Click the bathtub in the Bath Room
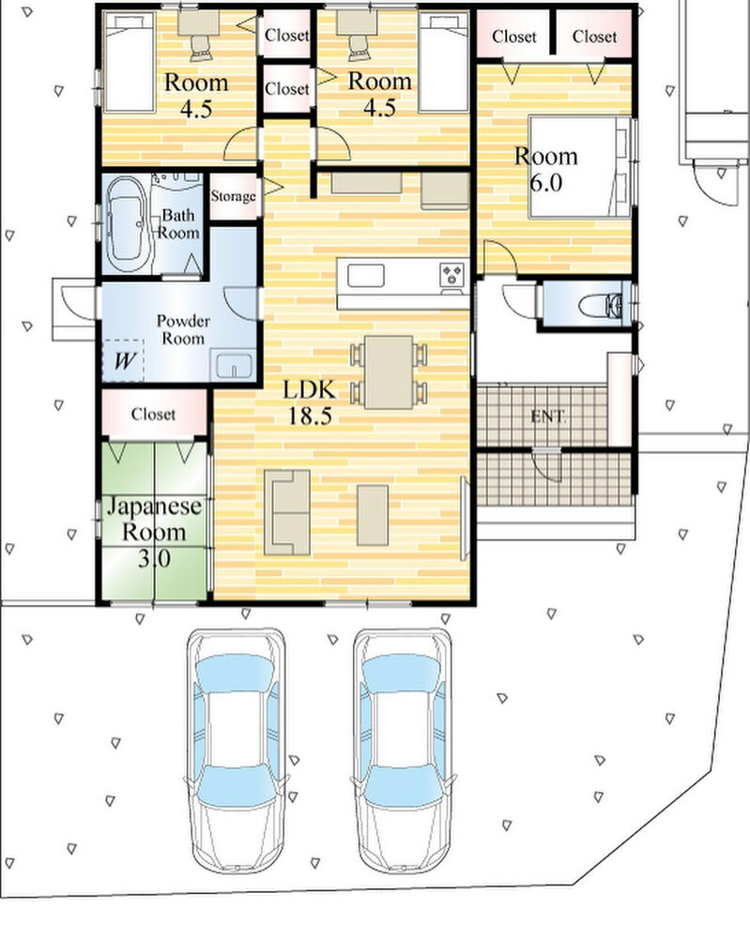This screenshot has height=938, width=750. (127, 224)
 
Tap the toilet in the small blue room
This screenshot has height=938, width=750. (601, 305)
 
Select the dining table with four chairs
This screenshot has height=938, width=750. (389, 372)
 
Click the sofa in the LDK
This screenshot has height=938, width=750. (286, 512)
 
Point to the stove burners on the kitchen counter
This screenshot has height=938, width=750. (452, 275)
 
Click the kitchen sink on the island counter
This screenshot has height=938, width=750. (366, 276)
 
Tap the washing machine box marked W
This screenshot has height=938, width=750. (123, 361)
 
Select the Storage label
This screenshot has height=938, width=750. (234, 196)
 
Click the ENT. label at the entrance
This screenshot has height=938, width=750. (547, 416)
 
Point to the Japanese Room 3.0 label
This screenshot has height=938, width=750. (154, 532)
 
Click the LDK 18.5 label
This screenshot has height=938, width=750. (310, 402)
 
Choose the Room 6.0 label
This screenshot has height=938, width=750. (546, 169)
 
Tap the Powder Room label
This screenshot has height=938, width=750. (183, 329)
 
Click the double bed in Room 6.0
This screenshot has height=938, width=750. (579, 166)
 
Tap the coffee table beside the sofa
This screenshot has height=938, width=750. (373, 515)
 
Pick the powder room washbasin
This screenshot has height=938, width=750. (234, 365)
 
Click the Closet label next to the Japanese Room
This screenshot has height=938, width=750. (153, 414)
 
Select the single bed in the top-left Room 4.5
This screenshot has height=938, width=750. (130, 62)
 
